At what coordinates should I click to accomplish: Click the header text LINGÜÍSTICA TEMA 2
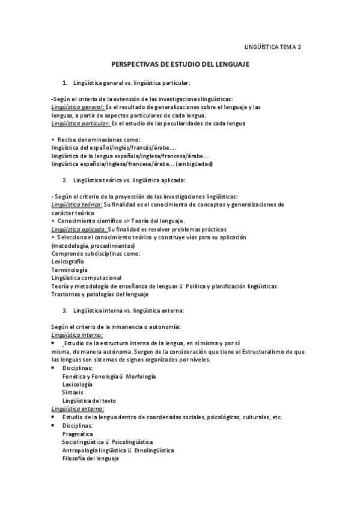pos(274,46)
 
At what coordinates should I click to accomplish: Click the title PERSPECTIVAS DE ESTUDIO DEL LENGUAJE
pos(180,64)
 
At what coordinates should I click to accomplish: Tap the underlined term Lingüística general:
pos(76,107)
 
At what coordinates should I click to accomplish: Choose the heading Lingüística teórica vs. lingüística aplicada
pos(129,180)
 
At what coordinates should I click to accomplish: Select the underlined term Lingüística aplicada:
pos(79,229)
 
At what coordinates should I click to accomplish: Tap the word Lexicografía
pos(68,262)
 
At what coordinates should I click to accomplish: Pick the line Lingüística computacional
pos(87,278)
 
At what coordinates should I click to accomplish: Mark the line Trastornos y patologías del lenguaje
pos(100,295)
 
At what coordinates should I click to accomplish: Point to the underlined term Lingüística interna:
pos(78,334)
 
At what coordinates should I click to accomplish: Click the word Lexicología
pos(77,384)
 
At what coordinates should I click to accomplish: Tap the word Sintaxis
pos(72,392)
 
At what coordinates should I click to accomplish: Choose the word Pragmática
pos(78,433)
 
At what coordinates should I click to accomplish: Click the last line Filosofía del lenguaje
pos(90,458)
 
